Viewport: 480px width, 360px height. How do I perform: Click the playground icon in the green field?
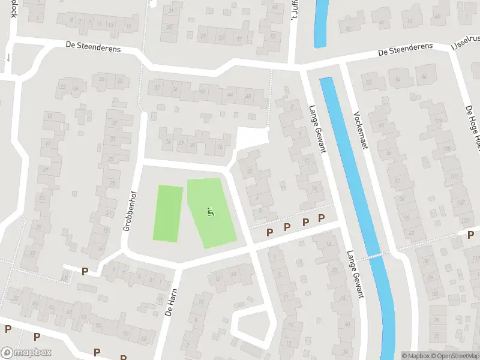pos(210,211)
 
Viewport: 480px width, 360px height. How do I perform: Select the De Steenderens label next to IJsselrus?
pos(406,53)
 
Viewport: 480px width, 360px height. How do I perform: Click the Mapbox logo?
pos(26,353)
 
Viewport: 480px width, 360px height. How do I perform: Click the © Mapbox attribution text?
pos(416,356)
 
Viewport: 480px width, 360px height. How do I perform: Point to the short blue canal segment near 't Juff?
pos(322,23)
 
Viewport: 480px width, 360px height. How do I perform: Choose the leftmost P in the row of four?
pos(269,232)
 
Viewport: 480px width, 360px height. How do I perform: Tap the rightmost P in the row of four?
pos(321,218)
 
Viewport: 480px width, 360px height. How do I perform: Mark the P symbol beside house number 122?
pos(470,235)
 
